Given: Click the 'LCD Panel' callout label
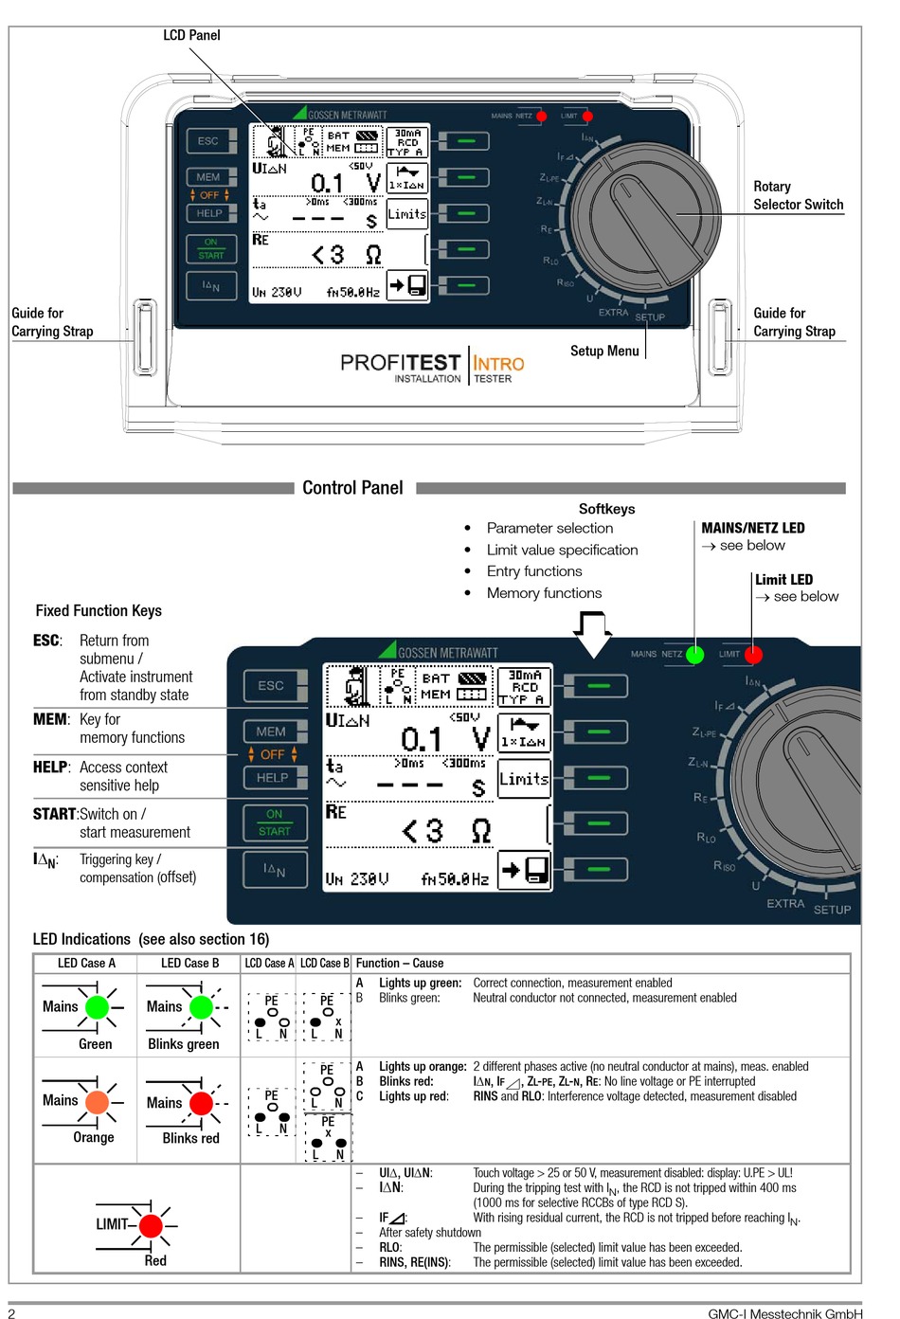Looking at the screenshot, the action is tap(191, 35).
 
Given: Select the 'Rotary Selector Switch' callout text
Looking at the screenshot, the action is tap(799, 195).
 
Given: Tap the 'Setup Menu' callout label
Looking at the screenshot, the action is tap(604, 351).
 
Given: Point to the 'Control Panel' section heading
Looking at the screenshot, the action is tap(352, 488).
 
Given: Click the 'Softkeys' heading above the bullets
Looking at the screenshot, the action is tap(607, 509).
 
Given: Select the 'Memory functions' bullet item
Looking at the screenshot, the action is tap(544, 593).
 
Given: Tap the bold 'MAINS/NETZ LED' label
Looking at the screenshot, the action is tap(753, 528).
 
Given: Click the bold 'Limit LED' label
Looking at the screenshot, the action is tap(784, 579).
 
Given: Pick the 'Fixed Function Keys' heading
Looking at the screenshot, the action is tap(99, 610).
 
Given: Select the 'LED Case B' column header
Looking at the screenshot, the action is tap(190, 964).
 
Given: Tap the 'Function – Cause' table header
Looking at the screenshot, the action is tap(400, 964).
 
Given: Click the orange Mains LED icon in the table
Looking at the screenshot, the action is tap(98, 1102).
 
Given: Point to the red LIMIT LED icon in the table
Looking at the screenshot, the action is tap(151, 1226).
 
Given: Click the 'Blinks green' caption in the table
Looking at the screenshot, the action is tap(184, 1044).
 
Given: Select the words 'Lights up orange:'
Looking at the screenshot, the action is tap(423, 1066).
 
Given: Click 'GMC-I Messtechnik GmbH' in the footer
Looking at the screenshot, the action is tap(785, 1313).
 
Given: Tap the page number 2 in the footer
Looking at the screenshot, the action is tap(11, 1313).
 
